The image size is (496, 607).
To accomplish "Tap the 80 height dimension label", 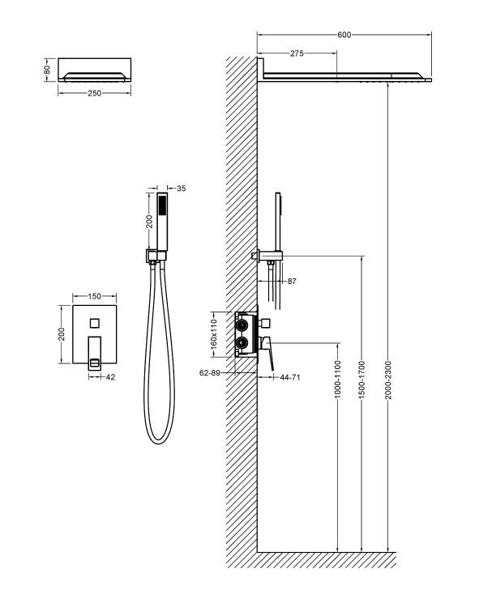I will click(48, 70).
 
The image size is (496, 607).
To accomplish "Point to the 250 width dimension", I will click(94, 93).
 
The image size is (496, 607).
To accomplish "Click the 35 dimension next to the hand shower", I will click(181, 189).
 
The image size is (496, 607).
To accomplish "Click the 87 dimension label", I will click(292, 282).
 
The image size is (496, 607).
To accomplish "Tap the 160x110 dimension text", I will click(215, 333).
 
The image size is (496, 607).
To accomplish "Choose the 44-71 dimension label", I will click(290, 378).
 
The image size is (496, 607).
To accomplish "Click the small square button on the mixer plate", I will click(95, 323).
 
